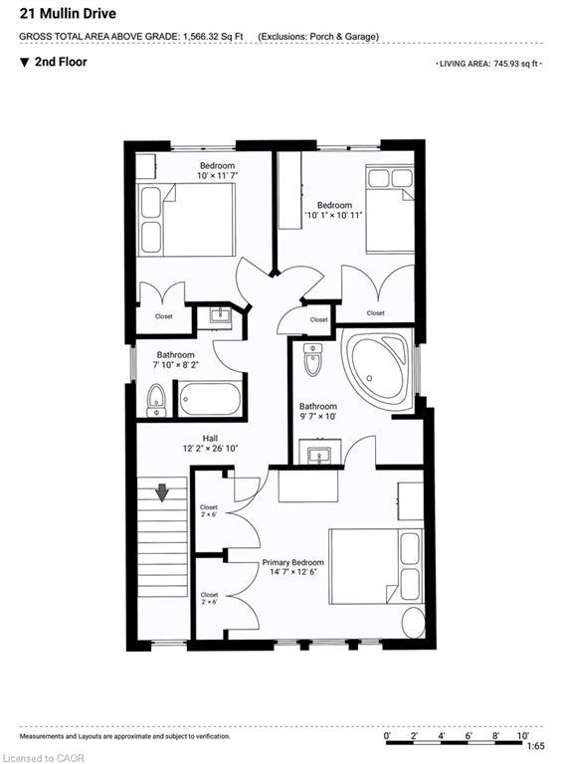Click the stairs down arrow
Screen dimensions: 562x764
coord(162,493)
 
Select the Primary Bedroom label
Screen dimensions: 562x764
coord(292,562)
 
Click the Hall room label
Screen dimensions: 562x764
coord(211,439)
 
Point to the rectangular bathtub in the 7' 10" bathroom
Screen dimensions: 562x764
coord(210,400)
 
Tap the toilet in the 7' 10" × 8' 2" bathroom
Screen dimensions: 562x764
coord(156,401)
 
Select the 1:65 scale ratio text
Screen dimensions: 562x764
coord(536,746)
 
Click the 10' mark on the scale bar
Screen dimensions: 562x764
coord(522,735)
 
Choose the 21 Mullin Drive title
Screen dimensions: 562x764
coord(68,14)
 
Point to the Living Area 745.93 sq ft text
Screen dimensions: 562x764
coord(489,64)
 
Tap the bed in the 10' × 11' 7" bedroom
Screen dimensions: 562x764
coord(186,220)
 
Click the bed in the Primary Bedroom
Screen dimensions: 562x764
coord(375,567)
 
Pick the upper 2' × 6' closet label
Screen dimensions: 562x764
coord(209,510)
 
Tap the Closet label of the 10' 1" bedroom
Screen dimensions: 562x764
coord(375,312)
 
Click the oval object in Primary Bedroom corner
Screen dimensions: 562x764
coord(414,622)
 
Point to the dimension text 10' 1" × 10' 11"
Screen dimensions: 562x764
coord(333,215)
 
